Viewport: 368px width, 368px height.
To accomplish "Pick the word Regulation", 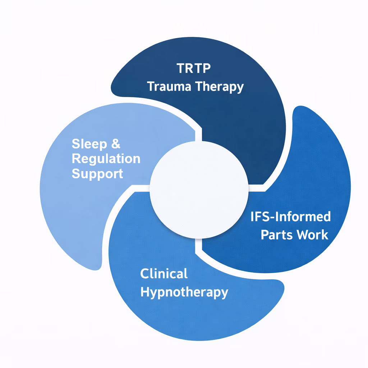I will click(106, 159).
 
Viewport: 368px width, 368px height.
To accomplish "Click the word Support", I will click(97, 174).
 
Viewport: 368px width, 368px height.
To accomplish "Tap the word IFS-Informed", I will click(290, 217).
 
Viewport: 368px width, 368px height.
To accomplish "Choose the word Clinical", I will click(164, 273).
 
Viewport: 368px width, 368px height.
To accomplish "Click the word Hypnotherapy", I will click(184, 292).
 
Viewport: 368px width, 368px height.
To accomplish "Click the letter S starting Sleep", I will click(75, 144).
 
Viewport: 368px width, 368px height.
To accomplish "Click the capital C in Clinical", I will click(144, 273).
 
